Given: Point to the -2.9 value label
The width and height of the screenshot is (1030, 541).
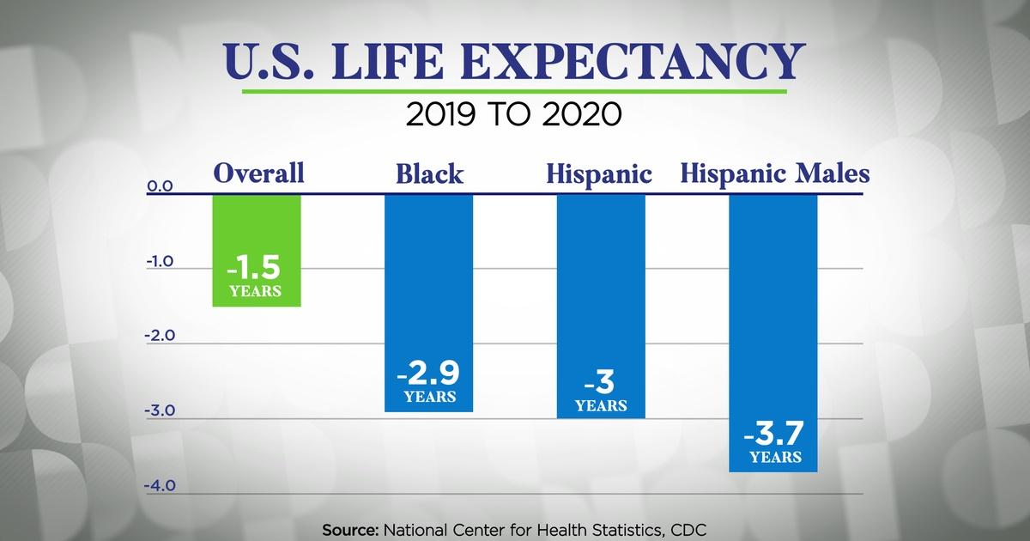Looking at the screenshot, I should pos(427,375).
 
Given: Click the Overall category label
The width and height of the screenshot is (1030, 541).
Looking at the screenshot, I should pos(258,173).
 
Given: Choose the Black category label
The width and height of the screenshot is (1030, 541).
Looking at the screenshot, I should pos(429,174).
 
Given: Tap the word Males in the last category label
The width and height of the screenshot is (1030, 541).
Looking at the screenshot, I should pos(827,173).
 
